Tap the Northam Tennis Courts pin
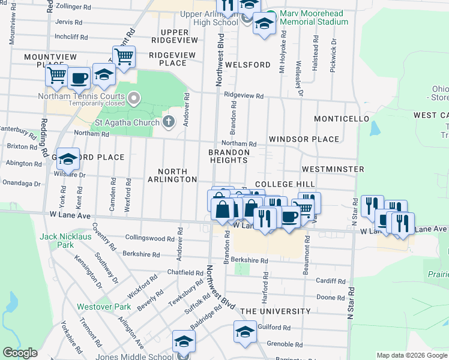pyautogui.click(x=133, y=97)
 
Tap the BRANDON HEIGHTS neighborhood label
pyautogui.click(x=228, y=156)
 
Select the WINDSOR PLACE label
pyautogui.click(x=304, y=139)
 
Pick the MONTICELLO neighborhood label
pyautogui.click(x=341, y=119)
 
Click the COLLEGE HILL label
pyautogui.click(x=285, y=184)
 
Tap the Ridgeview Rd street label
pyautogui.click(x=244, y=95)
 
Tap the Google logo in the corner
pyautogui.click(x=20, y=353)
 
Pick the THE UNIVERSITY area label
pyautogui.click(x=276, y=312)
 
